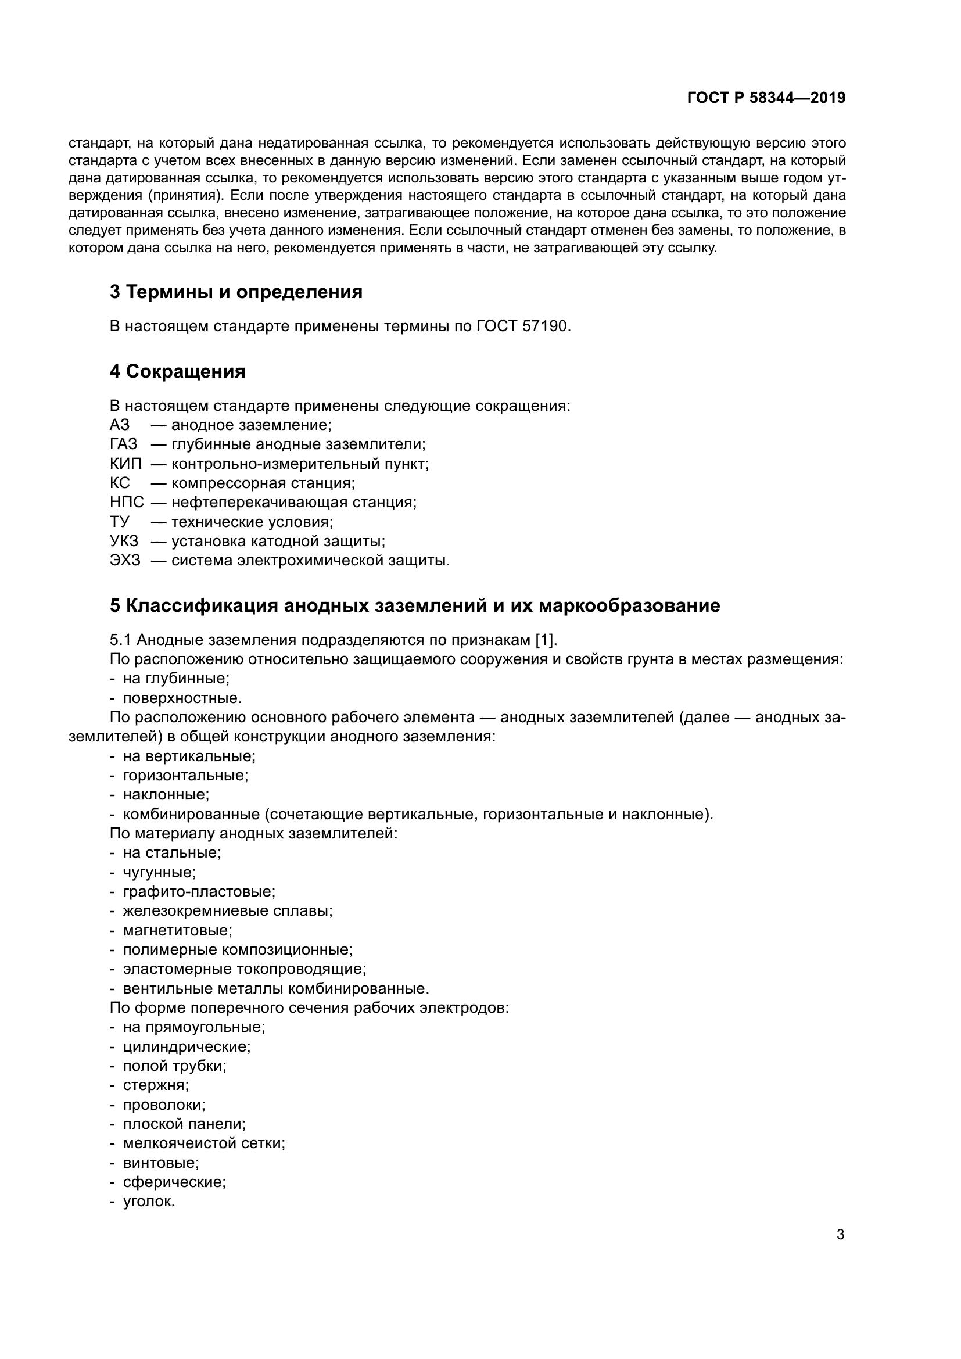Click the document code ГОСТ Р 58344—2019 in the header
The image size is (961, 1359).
[766, 98]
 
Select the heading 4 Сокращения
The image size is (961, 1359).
[177, 372]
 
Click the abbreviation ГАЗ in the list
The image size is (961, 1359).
[123, 444]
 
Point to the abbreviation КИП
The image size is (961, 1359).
[125, 464]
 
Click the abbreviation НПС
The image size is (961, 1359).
[127, 503]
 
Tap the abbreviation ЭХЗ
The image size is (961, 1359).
[125, 561]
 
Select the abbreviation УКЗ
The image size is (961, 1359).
[124, 541]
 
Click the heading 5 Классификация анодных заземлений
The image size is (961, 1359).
[414, 606]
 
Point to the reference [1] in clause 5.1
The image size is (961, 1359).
[545, 640]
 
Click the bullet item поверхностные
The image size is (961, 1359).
[182, 698]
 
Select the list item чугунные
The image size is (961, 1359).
[159, 873]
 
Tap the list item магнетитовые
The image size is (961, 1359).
[177, 930]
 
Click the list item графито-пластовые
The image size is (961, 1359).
[198, 891]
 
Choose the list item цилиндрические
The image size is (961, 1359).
[187, 1046]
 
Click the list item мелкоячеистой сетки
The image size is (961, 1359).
[203, 1143]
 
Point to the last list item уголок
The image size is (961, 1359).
[149, 1202]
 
